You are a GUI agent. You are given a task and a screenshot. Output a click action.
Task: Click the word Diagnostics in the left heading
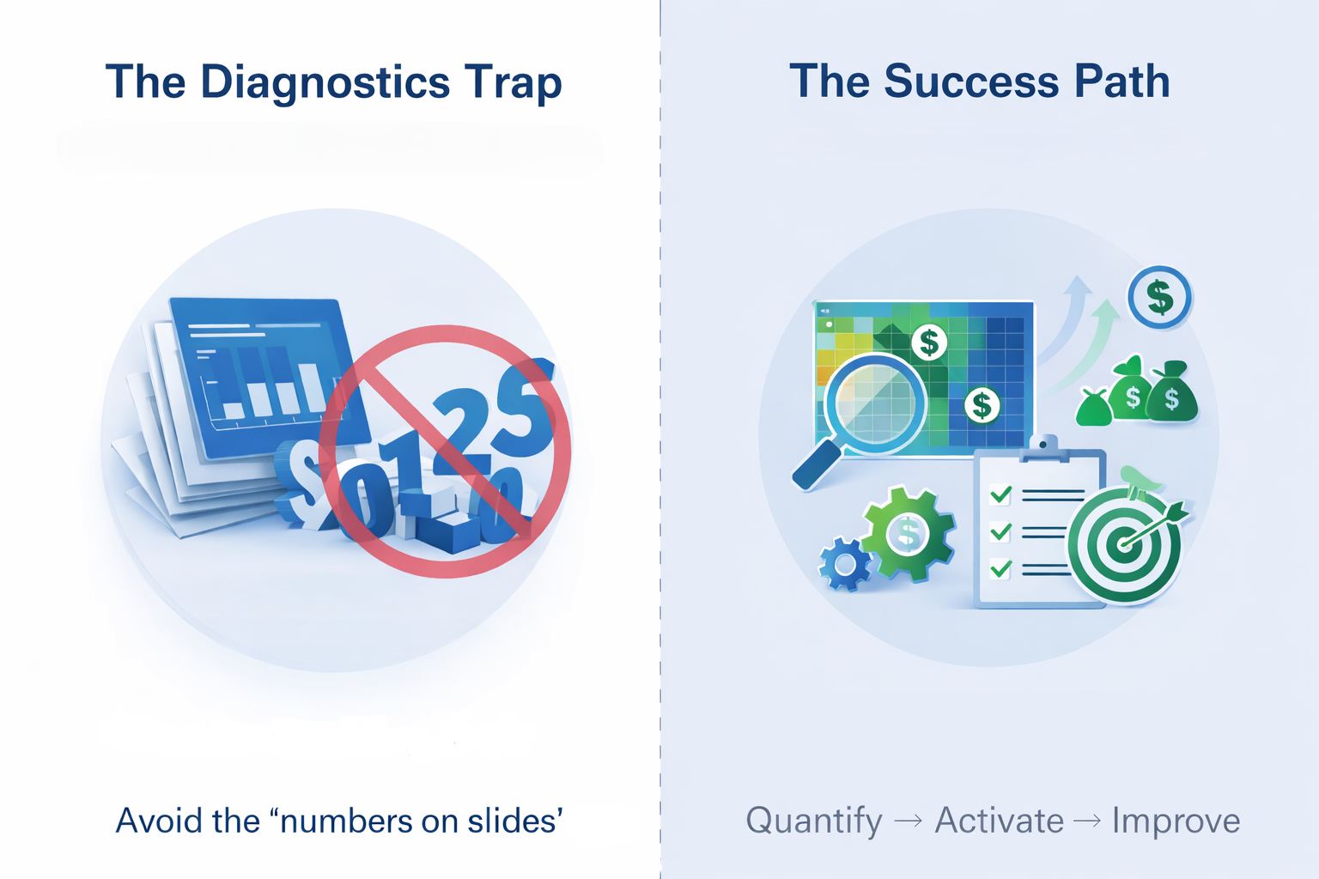[325, 82]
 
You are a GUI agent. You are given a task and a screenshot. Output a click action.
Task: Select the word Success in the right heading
[971, 82]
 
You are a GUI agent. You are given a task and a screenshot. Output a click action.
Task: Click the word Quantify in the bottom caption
[813, 821]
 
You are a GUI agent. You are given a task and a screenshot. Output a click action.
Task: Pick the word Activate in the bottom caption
[999, 821]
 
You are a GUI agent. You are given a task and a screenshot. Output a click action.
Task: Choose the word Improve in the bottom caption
[1176, 821]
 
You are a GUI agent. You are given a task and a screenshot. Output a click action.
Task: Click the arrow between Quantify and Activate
[909, 821]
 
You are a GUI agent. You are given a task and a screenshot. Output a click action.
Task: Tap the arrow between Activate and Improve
[1087, 821]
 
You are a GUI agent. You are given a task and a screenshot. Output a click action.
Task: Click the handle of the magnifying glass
[816, 466]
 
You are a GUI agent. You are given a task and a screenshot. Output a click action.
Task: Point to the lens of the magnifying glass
[876, 403]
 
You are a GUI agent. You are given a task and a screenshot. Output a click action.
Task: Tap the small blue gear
[846, 564]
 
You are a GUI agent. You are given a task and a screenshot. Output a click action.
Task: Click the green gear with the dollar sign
[907, 533]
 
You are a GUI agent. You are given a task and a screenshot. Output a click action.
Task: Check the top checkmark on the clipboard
[1000, 494]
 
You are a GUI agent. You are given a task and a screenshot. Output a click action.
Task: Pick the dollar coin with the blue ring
[1159, 298]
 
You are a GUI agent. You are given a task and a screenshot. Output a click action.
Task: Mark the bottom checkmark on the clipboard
[1000, 567]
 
